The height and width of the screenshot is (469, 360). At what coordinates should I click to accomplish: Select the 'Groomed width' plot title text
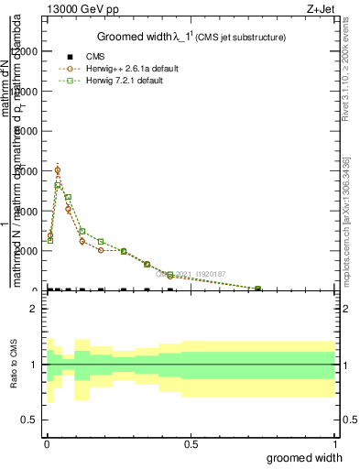click(x=141, y=37)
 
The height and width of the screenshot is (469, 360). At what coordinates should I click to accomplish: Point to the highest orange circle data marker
click(x=58, y=169)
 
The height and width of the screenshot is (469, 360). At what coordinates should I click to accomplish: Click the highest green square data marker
click(x=58, y=186)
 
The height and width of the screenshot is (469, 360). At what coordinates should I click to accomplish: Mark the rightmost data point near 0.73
click(x=257, y=289)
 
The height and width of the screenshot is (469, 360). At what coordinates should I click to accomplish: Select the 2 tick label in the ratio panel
click(x=33, y=310)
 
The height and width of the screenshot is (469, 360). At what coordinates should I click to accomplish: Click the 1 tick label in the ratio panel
click(x=33, y=365)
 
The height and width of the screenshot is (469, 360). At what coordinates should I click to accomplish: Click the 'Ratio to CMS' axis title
click(x=13, y=365)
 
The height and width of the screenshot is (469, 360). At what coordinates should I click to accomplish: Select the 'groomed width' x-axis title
click(x=304, y=457)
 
